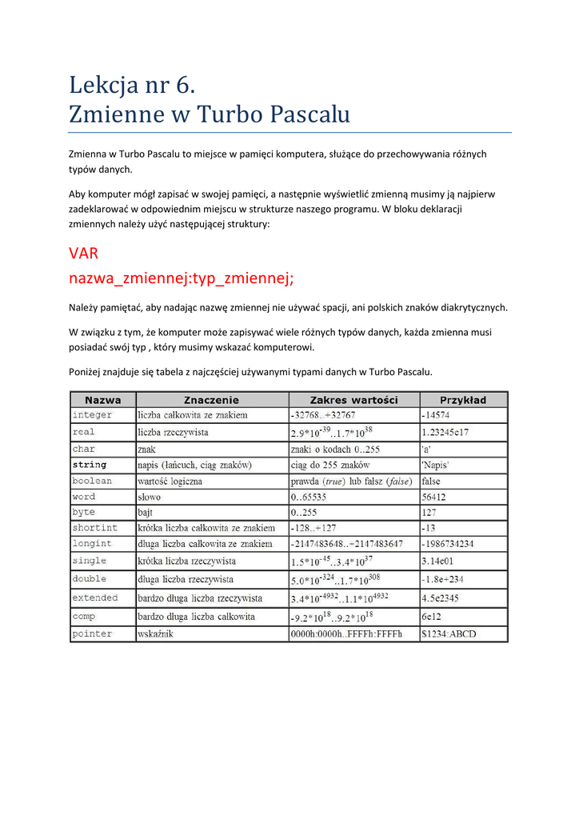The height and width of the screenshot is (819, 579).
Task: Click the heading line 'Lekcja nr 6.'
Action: [132, 83]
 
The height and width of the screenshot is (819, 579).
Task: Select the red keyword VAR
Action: [83, 254]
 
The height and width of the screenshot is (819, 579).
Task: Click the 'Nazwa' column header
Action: [103, 400]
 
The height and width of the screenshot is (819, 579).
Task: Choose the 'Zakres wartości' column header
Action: [353, 400]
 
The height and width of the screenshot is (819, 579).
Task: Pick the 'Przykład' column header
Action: [463, 400]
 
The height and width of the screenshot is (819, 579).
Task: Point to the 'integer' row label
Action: [93, 415]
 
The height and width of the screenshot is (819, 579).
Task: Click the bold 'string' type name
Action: [90, 464]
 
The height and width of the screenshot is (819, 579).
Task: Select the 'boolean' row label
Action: [93, 481]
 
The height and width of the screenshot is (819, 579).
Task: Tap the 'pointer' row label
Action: [93, 633]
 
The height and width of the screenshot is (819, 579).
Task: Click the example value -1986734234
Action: [448, 543]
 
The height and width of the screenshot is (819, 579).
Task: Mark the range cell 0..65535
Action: [309, 497]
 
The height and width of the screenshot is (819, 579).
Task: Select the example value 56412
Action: [434, 497]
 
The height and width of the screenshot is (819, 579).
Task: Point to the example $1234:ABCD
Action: [449, 633]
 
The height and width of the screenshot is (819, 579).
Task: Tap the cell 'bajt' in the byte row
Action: [145, 512]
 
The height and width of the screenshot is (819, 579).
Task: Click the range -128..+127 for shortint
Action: [313, 528]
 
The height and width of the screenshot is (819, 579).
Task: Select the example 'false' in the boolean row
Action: [431, 481]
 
